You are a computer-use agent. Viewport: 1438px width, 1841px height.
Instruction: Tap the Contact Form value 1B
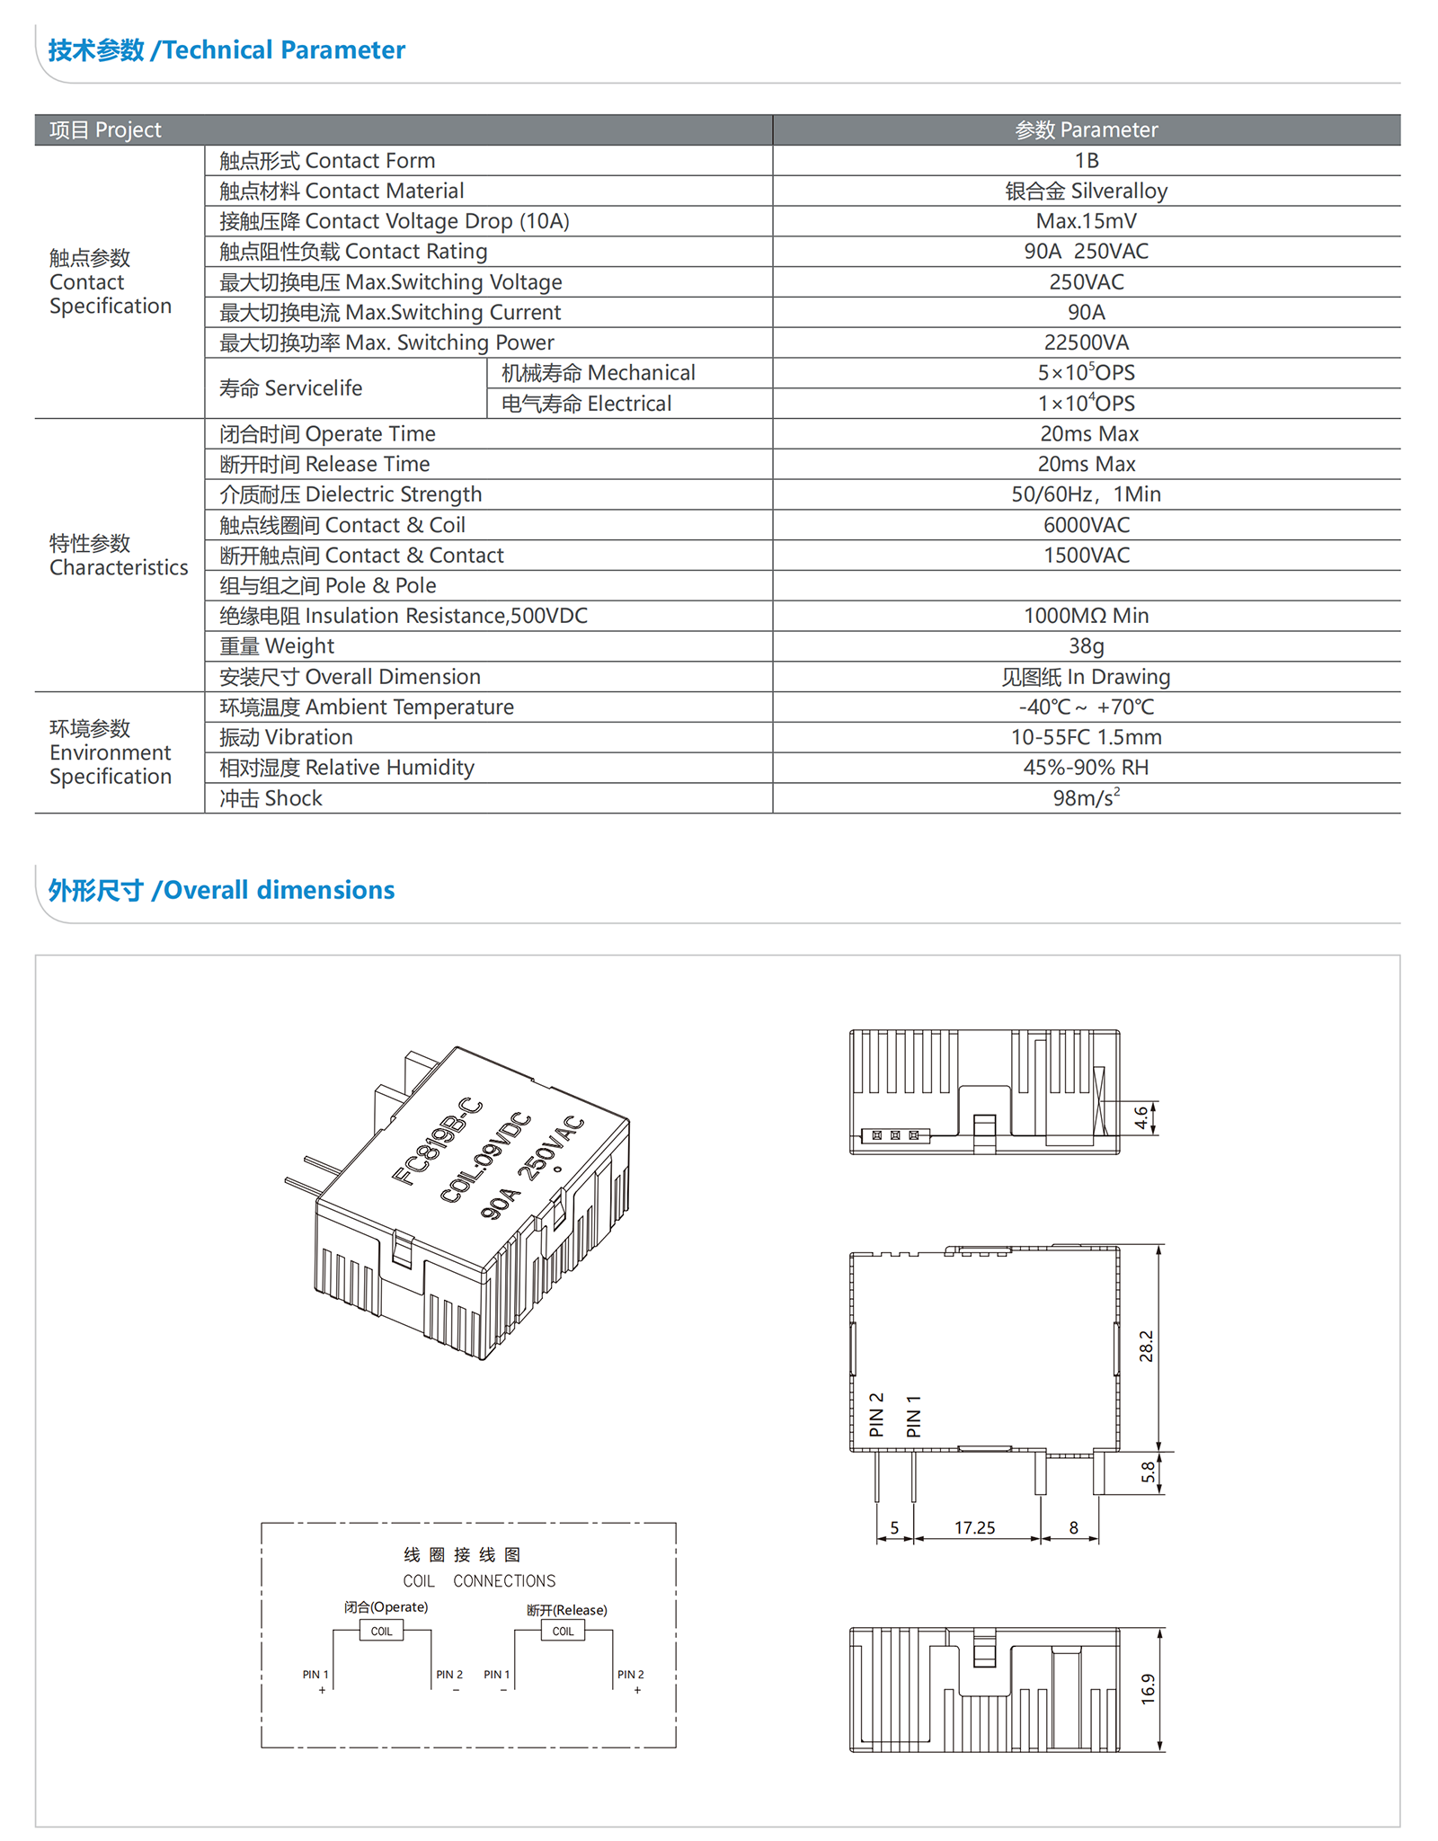coord(1086,161)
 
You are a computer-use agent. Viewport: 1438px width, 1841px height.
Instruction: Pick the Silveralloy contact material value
coord(1086,191)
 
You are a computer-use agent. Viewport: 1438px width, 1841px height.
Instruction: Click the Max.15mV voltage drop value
coord(1086,221)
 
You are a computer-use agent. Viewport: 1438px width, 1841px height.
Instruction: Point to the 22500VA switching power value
coord(1086,342)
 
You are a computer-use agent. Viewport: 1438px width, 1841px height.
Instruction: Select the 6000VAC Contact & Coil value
coord(1086,525)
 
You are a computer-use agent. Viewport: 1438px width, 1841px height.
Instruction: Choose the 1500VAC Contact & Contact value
coord(1086,556)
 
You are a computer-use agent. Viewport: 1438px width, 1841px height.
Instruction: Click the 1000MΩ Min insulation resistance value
coord(1086,616)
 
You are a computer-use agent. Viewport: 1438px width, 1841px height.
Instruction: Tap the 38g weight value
coord(1086,646)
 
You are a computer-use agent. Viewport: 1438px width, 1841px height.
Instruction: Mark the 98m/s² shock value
coord(1086,798)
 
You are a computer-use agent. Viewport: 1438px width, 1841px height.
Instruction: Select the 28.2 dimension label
coord(1146,1347)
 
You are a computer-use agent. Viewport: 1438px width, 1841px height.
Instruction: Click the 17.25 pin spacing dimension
coord(974,1528)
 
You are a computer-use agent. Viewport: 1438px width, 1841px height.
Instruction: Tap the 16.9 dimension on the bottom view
coord(1148,1689)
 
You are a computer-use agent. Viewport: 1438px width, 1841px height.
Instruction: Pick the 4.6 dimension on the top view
coord(1141,1117)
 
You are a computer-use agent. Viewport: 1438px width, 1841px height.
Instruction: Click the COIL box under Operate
coord(381,1632)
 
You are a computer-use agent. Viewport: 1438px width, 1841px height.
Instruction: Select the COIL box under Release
coord(563,1632)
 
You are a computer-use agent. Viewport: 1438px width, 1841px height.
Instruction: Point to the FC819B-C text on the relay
coord(438,1141)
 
